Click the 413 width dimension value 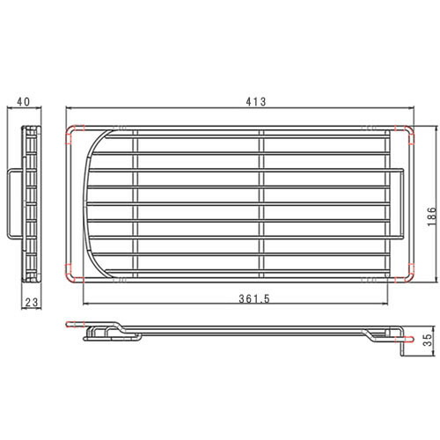tap(256, 101)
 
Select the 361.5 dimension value tap(254, 298)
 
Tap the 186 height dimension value tap(432, 216)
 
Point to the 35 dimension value tap(429, 340)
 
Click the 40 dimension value tap(24, 102)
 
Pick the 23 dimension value tap(32, 302)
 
